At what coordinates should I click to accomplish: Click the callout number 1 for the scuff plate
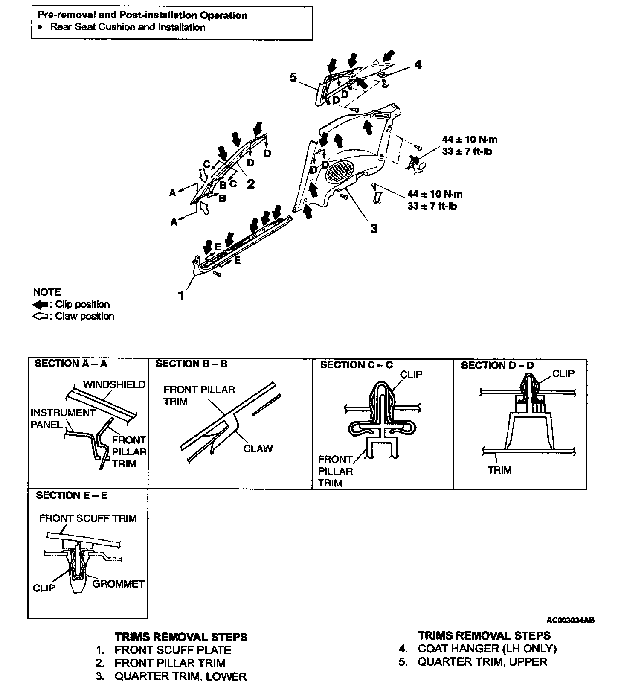[181, 295]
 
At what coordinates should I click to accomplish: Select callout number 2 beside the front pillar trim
[251, 184]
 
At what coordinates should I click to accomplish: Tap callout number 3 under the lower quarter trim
[374, 229]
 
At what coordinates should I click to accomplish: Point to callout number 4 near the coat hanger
[418, 64]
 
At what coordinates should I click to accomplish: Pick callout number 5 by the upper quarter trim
[293, 78]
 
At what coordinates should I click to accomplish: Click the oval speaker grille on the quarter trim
[342, 170]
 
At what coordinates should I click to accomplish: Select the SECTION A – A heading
[71, 364]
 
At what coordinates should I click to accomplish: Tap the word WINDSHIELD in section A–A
[114, 384]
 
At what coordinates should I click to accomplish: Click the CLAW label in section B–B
[258, 448]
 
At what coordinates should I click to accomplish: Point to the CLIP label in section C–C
[411, 374]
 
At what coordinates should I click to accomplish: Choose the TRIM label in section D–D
[499, 470]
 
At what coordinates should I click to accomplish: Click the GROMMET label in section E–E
[119, 584]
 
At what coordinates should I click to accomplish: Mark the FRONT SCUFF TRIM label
[88, 518]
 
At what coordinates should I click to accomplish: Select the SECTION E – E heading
[72, 495]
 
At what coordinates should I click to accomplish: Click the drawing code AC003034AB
[570, 620]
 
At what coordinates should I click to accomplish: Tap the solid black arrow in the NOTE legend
[41, 305]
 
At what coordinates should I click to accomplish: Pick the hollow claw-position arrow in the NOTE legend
[41, 317]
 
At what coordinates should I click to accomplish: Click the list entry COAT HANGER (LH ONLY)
[487, 649]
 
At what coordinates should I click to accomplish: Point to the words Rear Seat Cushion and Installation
[128, 27]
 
